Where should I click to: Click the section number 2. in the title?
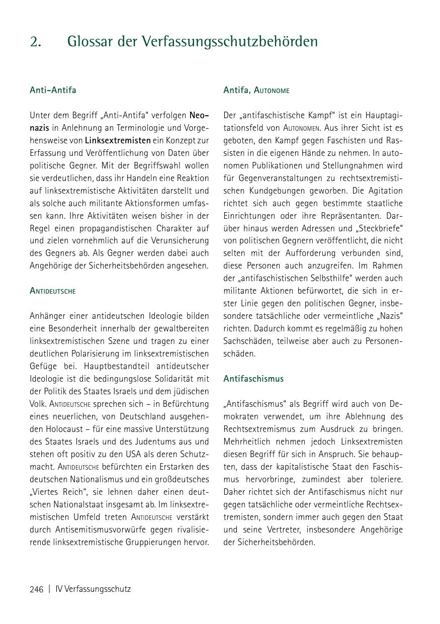(35, 42)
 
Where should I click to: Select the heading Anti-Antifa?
(53, 91)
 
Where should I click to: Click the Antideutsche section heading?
(53, 291)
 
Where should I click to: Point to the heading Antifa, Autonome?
(256, 91)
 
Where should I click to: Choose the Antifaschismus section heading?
(253, 379)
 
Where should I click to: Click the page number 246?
(37, 589)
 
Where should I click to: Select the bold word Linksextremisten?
(118, 140)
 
